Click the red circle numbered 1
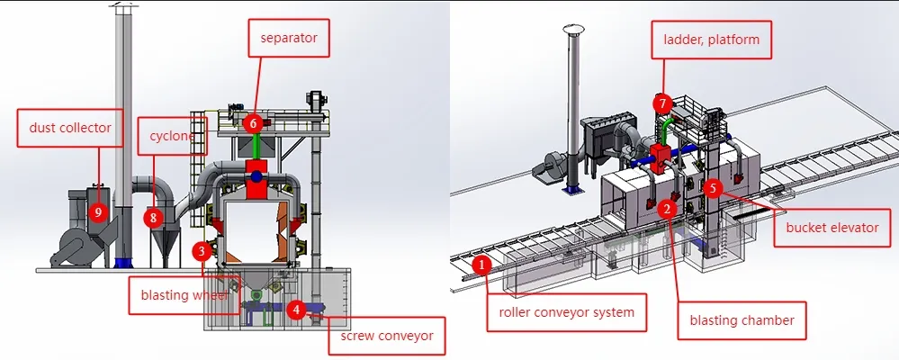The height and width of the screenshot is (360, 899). (x=481, y=265)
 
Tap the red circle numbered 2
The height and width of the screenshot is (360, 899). (x=667, y=209)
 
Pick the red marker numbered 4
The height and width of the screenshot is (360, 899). (x=295, y=309)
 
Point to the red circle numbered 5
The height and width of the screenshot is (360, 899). (x=713, y=189)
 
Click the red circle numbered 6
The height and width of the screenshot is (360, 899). (x=254, y=122)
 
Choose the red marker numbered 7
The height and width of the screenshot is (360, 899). (x=663, y=104)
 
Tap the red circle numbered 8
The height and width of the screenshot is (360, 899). (x=154, y=217)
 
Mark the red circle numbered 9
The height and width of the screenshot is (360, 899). (x=97, y=212)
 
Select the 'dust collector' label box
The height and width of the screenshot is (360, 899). (x=69, y=128)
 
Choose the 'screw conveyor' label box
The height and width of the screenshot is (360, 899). (x=387, y=337)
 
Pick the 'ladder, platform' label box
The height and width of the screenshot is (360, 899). (x=712, y=40)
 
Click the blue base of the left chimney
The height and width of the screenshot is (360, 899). (x=122, y=262)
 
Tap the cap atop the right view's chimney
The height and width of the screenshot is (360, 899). (x=570, y=32)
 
